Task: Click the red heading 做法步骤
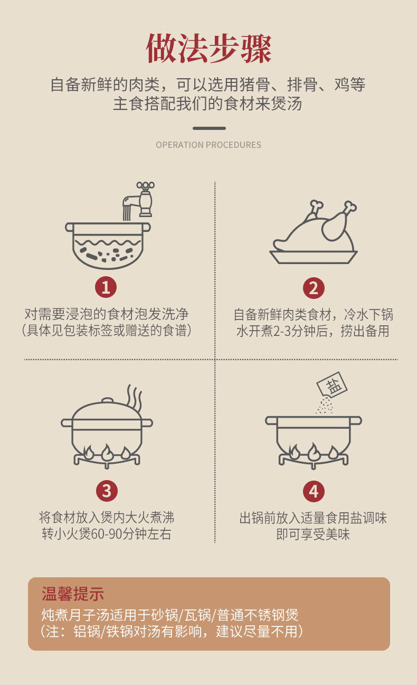(x=209, y=49)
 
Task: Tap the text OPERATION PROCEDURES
(x=209, y=145)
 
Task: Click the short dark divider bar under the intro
(x=209, y=128)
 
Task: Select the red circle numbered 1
(x=106, y=287)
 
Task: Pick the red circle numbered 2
(x=314, y=288)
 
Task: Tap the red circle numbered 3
(x=107, y=491)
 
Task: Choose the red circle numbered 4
(x=314, y=491)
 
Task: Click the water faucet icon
(x=139, y=200)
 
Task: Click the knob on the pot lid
(x=108, y=401)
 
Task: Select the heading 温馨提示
(x=73, y=594)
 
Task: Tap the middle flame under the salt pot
(x=314, y=452)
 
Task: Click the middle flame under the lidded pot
(x=107, y=453)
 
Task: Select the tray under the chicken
(x=314, y=257)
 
